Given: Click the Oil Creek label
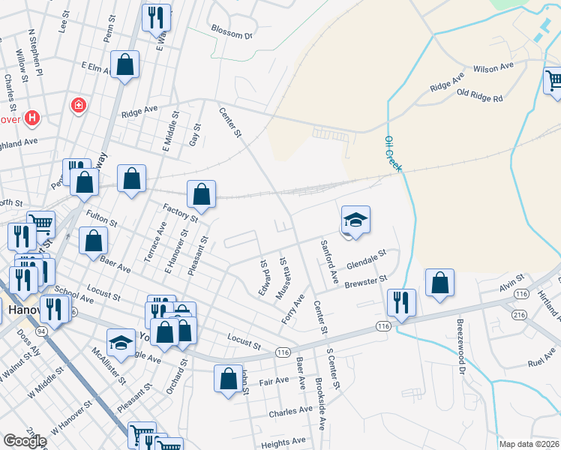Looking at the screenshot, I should [392, 154].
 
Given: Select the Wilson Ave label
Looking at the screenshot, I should [493, 67].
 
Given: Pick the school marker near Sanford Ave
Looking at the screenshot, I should [356, 220].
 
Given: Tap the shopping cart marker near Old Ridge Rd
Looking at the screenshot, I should [553, 80].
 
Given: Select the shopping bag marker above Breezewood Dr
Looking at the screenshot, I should [439, 283].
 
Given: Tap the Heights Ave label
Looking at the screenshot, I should [283, 444].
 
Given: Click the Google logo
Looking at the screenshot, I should [25, 441].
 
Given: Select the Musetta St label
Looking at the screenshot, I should [283, 278].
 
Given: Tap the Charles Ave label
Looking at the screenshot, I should [290, 411].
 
